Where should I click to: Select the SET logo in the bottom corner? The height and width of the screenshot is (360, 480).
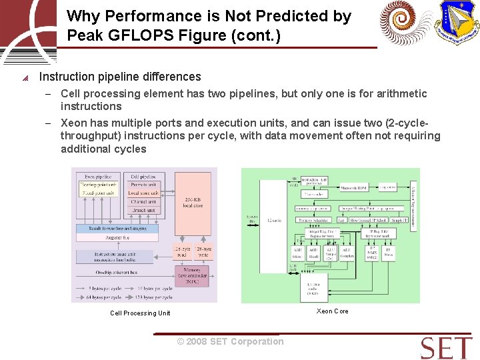tap(446, 347)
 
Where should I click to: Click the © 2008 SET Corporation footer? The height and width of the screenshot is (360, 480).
tap(230, 341)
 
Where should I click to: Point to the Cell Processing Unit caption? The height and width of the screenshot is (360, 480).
tap(140, 313)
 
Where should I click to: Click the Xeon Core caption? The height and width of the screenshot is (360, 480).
tap(332, 311)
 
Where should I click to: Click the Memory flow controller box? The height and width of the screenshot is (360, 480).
tap(192, 276)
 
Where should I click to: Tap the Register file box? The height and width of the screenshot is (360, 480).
tap(117, 237)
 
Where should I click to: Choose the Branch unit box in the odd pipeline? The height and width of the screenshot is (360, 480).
tap(143, 210)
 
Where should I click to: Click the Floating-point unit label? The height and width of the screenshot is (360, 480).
tap(99, 184)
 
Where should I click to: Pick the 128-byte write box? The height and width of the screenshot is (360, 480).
tap(203, 251)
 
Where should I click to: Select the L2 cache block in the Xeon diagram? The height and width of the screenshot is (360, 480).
tap(274, 221)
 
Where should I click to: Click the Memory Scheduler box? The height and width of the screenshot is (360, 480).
tap(313, 220)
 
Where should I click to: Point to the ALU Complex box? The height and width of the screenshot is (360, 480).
tap(347, 253)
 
